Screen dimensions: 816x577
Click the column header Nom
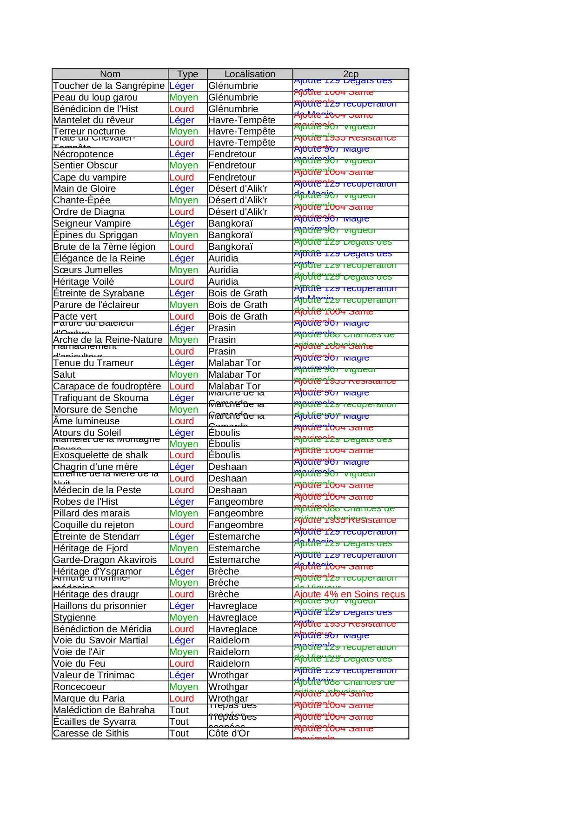coord(110,74)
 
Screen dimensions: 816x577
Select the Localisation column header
coord(250,74)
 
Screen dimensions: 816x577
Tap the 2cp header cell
coord(351,74)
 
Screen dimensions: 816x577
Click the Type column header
coord(187,74)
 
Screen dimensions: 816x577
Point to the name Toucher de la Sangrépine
coord(109,86)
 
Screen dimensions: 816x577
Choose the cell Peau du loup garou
coord(95,97)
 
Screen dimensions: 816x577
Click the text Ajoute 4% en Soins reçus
coord(349,594)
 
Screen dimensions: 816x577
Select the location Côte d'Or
coord(229,733)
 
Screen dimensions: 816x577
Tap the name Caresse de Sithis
coord(91,733)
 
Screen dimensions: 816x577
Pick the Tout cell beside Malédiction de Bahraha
coord(179,710)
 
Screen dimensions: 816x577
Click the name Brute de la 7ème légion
coord(104,247)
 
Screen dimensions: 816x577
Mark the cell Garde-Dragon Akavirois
coord(105,560)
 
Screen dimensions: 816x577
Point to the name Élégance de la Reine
coord(99,258)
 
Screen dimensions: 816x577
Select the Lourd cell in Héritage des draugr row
coord(181,594)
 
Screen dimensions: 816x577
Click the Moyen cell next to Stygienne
coord(184,617)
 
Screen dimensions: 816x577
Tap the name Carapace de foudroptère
coord(107,386)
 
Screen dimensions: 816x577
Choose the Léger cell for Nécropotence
coord(181,154)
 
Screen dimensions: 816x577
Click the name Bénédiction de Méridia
coord(102,629)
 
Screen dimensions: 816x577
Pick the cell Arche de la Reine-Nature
coord(108,340)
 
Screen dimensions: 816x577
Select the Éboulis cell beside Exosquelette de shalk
coord(224,455)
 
